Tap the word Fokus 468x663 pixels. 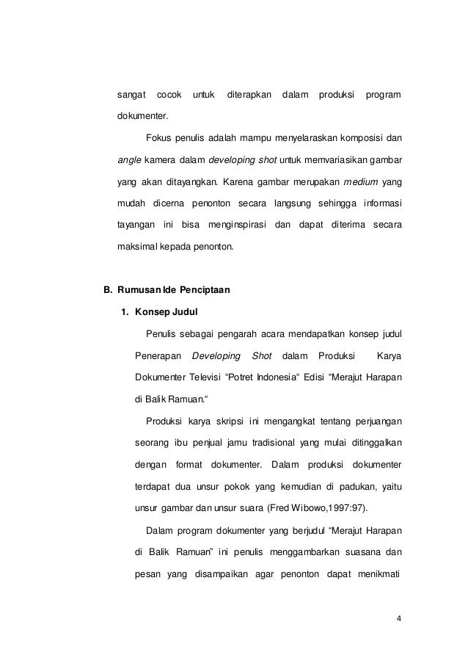pos(159,137)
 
